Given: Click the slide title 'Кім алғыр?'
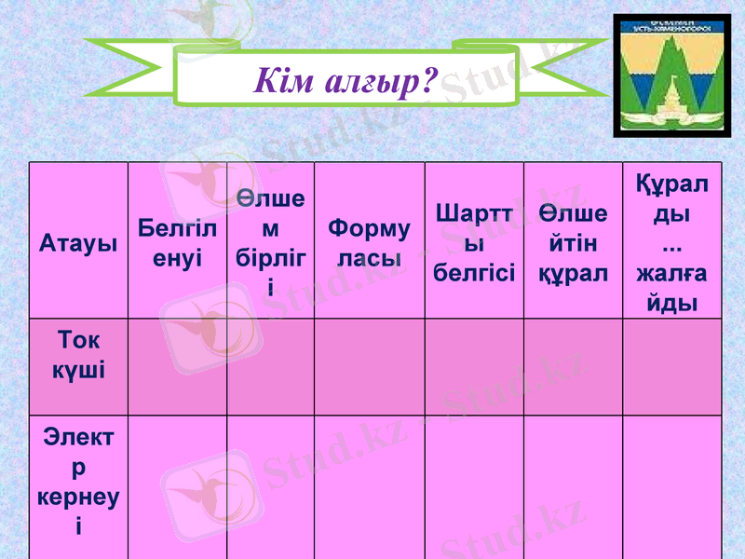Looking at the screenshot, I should (x=345, y=82).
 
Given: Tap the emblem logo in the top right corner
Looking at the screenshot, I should (x=671, y=76).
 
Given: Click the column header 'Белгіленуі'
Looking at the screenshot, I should (x=177, y=242).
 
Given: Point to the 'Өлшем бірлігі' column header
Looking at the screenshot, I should (x=270, y=241).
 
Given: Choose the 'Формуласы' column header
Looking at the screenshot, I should (x=370, y=242).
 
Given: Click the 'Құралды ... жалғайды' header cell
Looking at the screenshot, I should (x=671, y=242).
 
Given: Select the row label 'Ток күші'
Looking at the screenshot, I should (x=78, y=354).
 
